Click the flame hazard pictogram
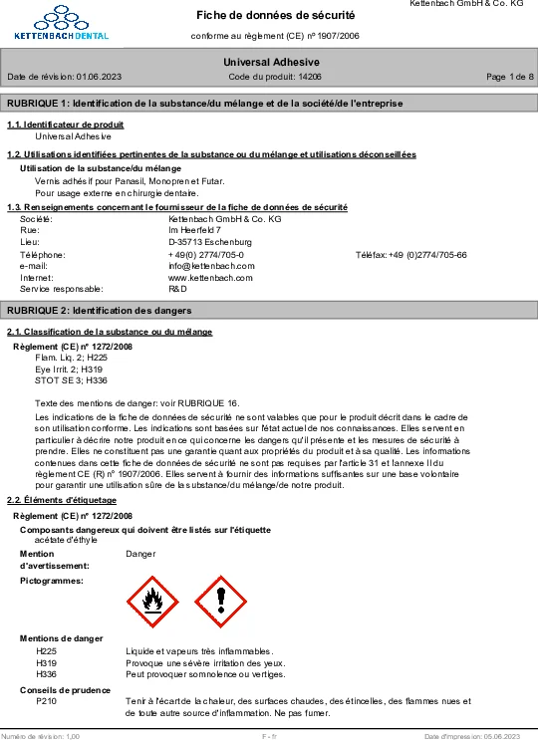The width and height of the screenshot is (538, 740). (x=152, y=602)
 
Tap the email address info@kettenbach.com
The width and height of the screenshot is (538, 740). (x=211, y=266)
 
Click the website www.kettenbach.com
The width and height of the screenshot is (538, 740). (x=211, y=277)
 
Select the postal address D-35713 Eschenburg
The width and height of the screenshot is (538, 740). (x=210, y=242)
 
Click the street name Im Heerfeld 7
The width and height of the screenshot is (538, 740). (x=195, y=230)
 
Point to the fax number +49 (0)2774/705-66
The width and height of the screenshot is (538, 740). (x=427, y=254)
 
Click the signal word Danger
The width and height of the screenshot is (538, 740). (x=141, y=552)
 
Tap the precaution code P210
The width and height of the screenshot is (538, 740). (x=46, y=702)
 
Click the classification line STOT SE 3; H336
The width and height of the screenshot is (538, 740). (x=71, y=380)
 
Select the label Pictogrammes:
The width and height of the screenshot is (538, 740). (x=52, y=579)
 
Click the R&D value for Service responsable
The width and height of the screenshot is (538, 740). (x=177, y=289)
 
